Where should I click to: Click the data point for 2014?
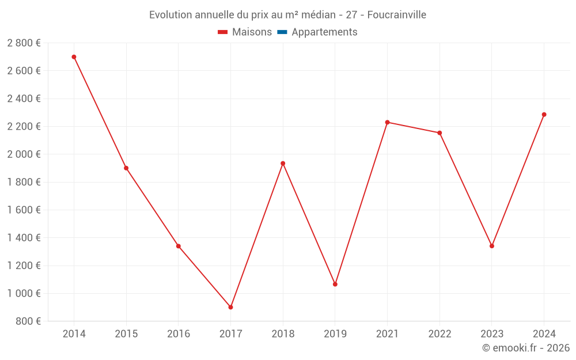pyautogui.click(x=74, y=57)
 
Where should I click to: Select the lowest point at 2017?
pyautogui.click(x=230, y=307)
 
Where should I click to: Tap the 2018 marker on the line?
pyautogui.click(x=283, y=164)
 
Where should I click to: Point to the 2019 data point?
pyautogui.click(x=335, y=284)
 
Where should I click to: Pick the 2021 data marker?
pyautogui.click(x=387, y=122)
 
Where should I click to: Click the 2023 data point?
pyautogui.click(x=492, y=246)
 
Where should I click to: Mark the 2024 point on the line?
pyautogui.click(x=544, y=115)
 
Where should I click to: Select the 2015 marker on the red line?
pyautogui.click(x=126, y=168)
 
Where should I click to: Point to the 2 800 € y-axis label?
pyautogui.click(x=24, y=43)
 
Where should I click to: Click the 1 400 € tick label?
pyautogui.click(x=24, y=238)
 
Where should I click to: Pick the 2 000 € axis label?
pyautogui.click(x=24, y=154)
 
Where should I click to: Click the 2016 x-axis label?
pyautogui.click(x=179, y=334)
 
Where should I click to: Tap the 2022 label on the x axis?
pyautogui.click(x=439, y=334)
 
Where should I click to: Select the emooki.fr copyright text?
pyautogui.click(x=526, y=348)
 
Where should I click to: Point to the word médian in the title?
pyautogui.click(x=319, y=15)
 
